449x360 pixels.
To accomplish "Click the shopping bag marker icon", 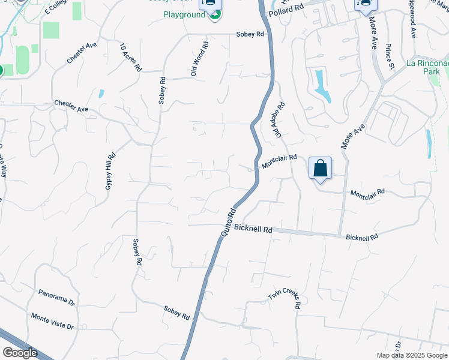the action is coord(321,167).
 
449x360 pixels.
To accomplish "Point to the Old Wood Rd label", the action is coord(199,59).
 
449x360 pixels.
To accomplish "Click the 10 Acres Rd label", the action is coord(130,58).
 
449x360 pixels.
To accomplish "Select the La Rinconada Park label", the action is coord(427,67).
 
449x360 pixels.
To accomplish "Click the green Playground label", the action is coord(184,14).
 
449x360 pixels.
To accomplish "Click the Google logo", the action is coord(20,353).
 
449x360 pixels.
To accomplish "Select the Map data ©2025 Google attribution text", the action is coord(412,355).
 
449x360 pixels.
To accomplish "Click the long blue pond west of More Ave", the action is coord(322,86).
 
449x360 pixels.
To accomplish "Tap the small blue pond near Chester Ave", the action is coord(101,94).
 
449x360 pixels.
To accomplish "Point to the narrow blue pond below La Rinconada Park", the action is coord(428,140).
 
